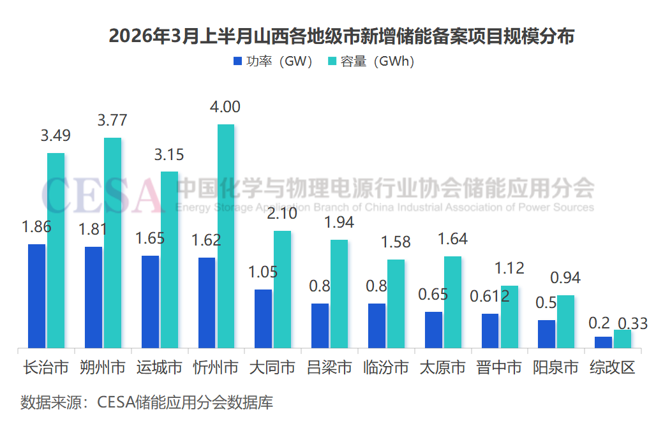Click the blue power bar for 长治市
[x=37, y=296]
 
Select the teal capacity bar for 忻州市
[x=226, y=236]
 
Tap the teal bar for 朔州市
[x=113, y=243]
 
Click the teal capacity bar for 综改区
[x=622, y=339]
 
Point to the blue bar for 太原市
[x=433, y=330]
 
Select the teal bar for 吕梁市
[x=339, y=294]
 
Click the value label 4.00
[x=225, y=106]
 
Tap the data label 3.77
[x=112, y=120]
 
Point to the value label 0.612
[x=489, y=296]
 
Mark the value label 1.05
[x=263, y=272]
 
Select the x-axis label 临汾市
[x=386, y=368]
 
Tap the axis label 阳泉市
[x=556, y=368]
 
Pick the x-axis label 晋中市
[x=499, y=368]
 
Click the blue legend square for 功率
[x=237, y=62]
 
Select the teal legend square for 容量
[x=332, y=62]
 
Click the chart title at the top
[x=341, y=36]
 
